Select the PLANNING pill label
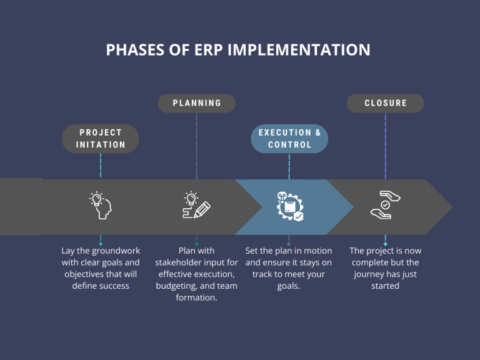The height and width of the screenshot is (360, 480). point(197,103)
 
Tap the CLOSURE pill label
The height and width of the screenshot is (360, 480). point(386,103)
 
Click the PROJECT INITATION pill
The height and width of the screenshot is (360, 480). point(101,139)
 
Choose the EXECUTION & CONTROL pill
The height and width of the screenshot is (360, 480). point(289,139)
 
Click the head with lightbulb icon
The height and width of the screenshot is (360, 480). point(100,206)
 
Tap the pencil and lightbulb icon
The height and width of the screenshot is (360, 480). point(196,206)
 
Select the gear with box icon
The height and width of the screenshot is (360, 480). point(290,206)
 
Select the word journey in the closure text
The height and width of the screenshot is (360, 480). point(372,274)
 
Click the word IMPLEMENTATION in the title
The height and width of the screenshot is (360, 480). point(299,50)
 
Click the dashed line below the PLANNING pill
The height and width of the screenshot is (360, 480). point(196,144)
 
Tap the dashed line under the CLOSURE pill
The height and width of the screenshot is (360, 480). point(386,144)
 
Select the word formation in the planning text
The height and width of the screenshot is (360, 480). point(196,298)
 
